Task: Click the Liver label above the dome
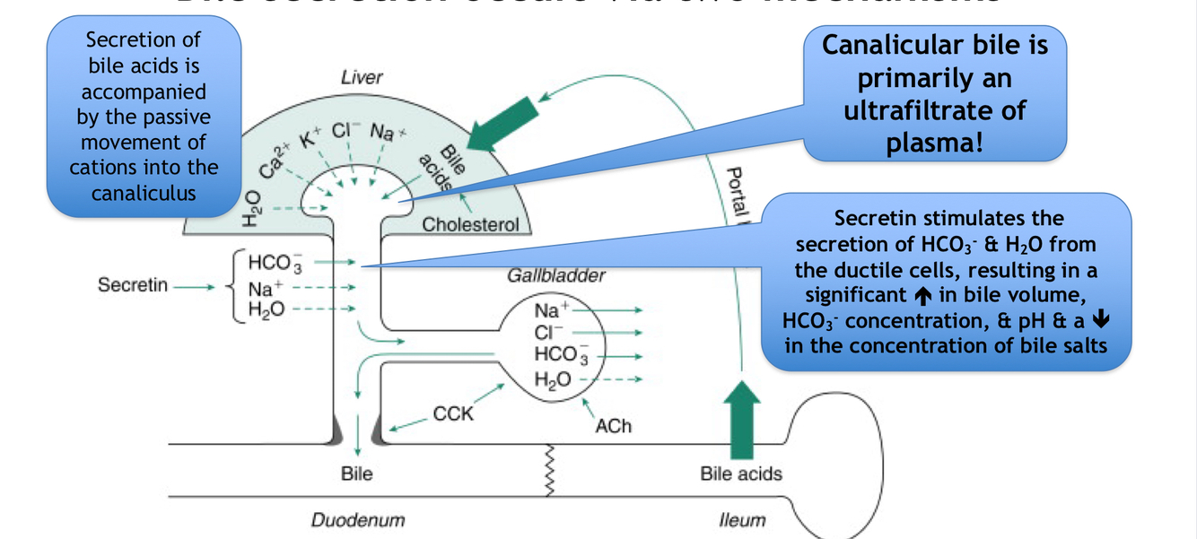[x=362, y=78]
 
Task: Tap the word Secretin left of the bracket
[x=133, y=285]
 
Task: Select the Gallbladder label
[x=556, y=276]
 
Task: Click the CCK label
[x=453, y=414]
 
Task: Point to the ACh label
[x=613, y=427]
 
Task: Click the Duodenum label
[x=358, y=520]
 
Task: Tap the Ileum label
[x=742, y=520]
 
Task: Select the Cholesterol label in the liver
[x=470, y=224]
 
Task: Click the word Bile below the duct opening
[x=357, y=473]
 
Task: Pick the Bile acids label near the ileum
[x=741, y=473]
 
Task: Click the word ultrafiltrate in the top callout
[x=934, y=111]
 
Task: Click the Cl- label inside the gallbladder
[x=546, y=333]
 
